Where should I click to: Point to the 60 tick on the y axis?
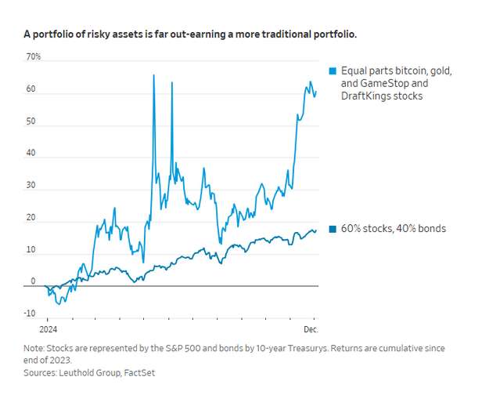point(31,89)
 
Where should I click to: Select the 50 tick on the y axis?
point(31,121)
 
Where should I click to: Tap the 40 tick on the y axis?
point(31,154)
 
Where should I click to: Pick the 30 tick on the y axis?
point(31,186)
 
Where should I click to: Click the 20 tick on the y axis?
point(31,217)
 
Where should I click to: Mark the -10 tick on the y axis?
point(30,313)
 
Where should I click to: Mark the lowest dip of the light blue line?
point(63,303)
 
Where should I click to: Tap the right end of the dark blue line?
point(316,230)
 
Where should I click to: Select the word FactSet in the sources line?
point(139,373)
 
